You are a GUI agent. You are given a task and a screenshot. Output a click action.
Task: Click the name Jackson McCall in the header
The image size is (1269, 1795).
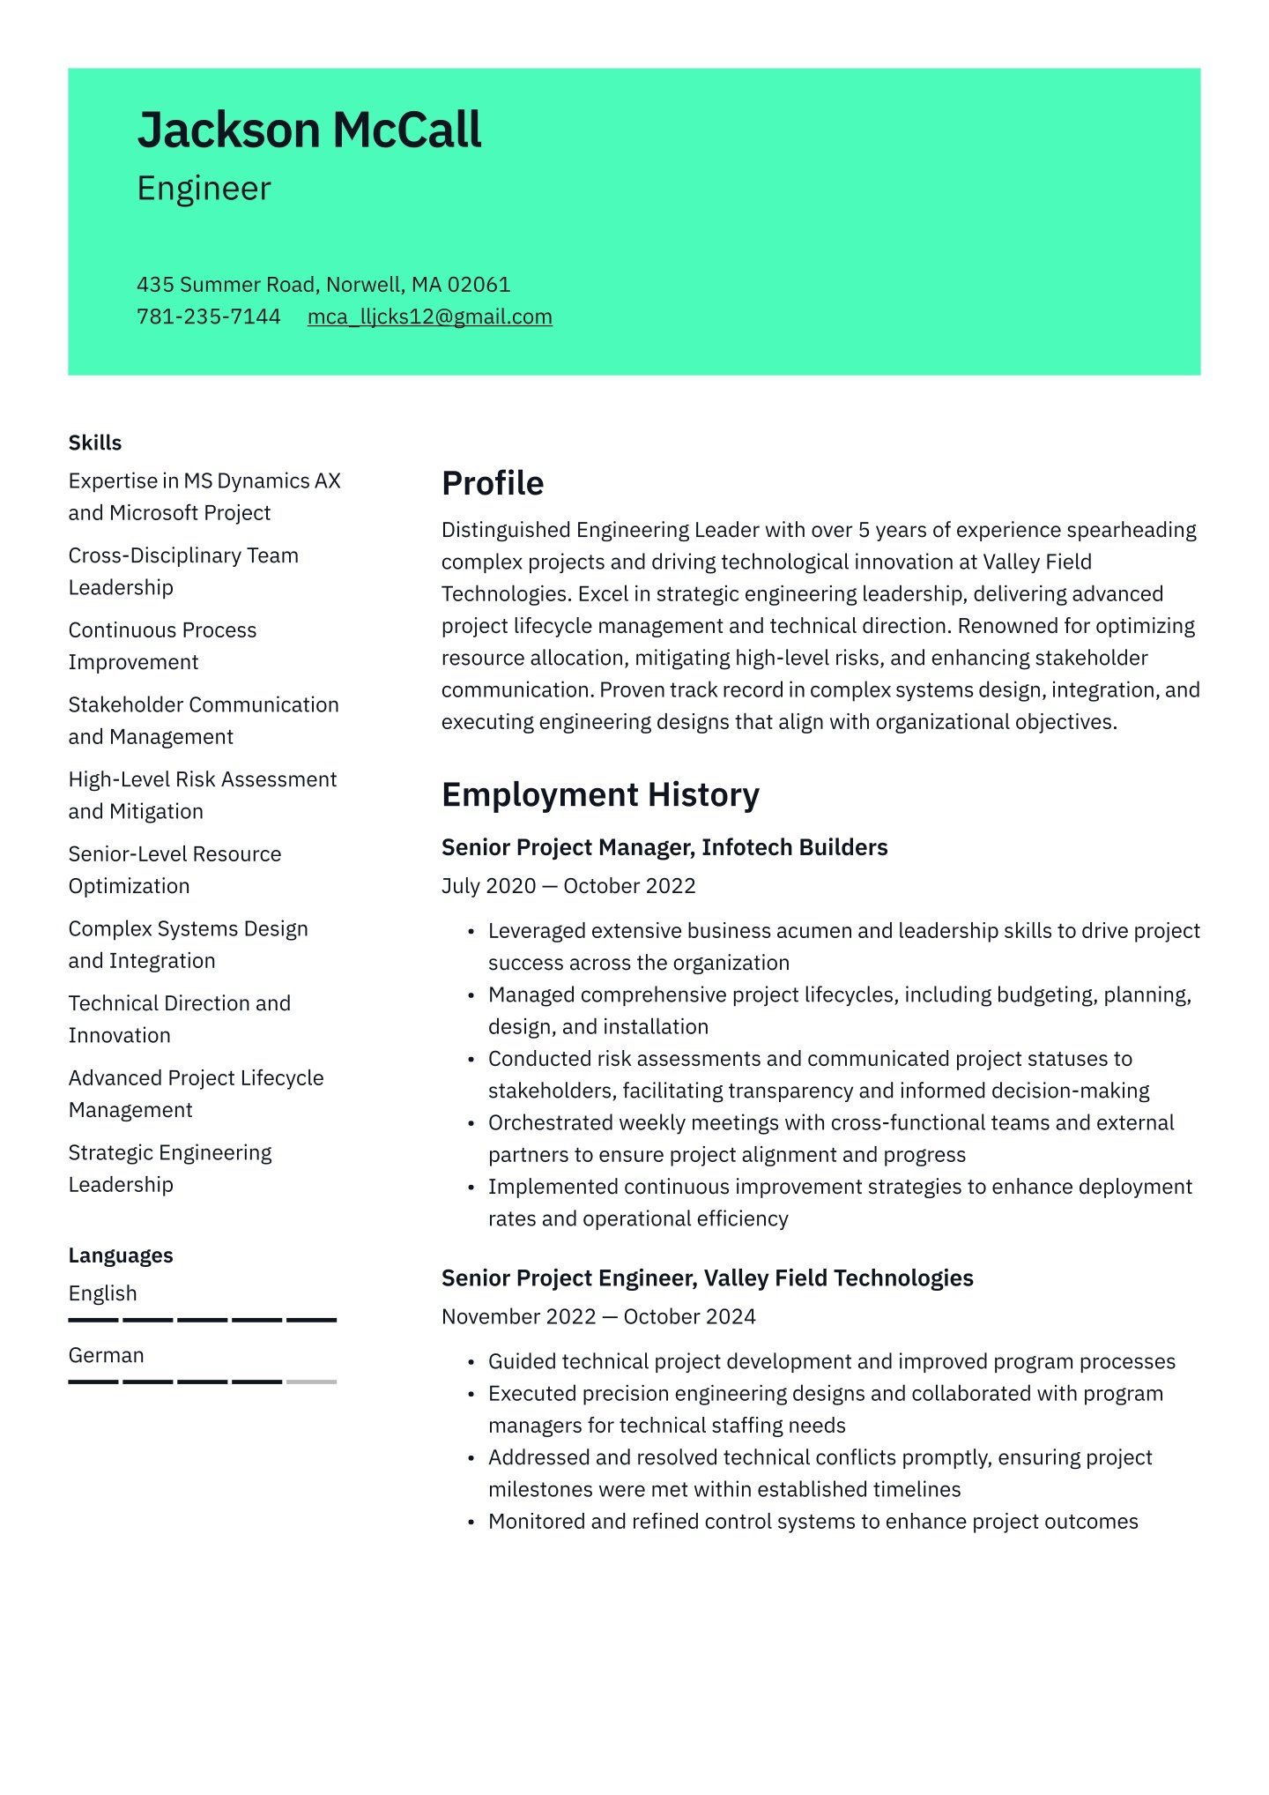(x=309, y=130)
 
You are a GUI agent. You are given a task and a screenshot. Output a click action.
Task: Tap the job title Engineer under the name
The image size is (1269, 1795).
(x=204, y=189)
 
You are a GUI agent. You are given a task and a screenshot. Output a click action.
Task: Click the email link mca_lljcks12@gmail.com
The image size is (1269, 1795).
(x=430, y=317)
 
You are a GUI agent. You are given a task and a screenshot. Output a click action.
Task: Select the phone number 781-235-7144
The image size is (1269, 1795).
(x=209, y=317)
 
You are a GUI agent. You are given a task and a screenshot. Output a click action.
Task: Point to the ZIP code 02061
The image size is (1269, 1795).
(x=479, y=285)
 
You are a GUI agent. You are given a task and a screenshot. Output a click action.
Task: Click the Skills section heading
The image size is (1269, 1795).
(x=95, y=443)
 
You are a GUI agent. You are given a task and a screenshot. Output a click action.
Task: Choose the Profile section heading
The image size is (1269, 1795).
(x=493, y=483)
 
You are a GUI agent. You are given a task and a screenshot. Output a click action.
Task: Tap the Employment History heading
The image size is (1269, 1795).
(x=600, y=794)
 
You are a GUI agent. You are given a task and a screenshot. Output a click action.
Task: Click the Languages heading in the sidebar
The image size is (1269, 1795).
(x=121, y=1255)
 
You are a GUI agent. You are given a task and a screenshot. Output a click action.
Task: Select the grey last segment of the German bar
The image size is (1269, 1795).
(x=312, y=1382)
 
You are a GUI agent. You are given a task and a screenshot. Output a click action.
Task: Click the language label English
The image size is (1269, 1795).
(x=103, y=1293)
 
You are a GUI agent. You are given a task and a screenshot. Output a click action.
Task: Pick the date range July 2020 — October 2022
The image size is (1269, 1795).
(x=568, y=886)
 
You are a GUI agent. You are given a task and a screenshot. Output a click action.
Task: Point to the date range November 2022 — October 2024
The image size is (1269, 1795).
(x=598, y=1316)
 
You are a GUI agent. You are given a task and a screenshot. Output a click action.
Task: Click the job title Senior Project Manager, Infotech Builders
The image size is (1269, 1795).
(x=664, y=847)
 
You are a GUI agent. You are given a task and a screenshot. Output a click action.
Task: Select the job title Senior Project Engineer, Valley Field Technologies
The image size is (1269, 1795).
(x=707, y=1278)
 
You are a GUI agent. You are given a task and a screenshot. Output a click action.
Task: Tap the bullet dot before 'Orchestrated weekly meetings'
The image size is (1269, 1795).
(x=471, y=1124)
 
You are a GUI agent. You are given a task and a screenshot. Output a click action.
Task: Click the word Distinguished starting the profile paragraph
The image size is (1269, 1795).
(x=506, y=530)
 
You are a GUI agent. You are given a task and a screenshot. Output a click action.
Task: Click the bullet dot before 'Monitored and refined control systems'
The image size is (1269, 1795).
(x=471, y=1523)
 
